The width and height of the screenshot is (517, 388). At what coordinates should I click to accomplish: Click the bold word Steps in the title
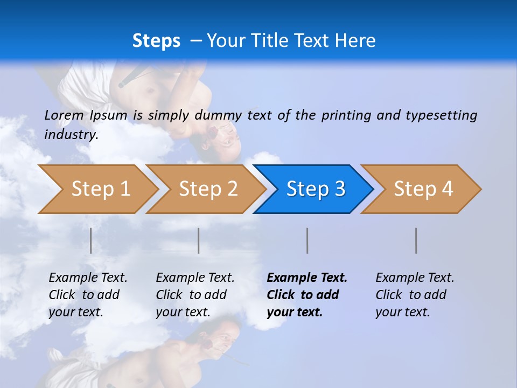[156, 40]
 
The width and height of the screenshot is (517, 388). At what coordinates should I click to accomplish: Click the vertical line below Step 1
[91, 240]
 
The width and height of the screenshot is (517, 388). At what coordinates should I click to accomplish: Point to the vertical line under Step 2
[199, 240]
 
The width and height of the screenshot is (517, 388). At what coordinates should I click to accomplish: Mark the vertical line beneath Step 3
[307, 240]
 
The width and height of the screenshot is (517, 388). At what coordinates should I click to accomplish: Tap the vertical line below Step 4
[416, 240]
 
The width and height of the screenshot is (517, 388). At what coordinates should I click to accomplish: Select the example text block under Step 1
[88, 294]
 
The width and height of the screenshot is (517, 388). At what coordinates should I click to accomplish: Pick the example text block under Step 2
[195, 294]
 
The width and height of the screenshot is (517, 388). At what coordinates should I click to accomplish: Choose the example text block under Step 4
[415, 294]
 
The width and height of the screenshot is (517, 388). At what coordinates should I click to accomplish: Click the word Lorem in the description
[64, 115]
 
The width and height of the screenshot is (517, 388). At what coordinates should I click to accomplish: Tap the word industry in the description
[71, 135]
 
